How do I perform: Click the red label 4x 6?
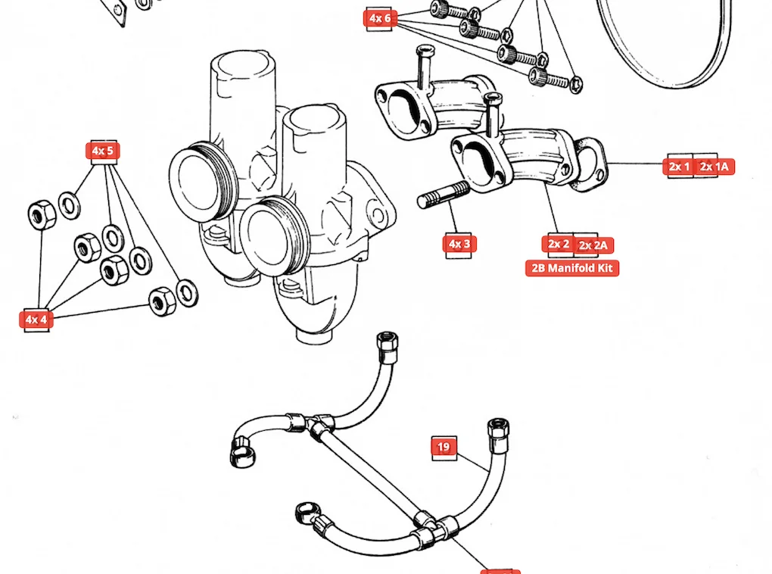coord(381,17)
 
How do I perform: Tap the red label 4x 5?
coord(102,151)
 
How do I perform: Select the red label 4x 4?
coord(36,320)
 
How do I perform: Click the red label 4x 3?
coord(459,244)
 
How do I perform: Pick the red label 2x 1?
coord(678,167)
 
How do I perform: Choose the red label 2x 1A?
coord(715,167)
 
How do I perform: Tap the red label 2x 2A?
coord(595,245)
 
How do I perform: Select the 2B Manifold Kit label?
coord(572,268)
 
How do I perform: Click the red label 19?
coord(444,448)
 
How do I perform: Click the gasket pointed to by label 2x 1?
coord(589,164)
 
